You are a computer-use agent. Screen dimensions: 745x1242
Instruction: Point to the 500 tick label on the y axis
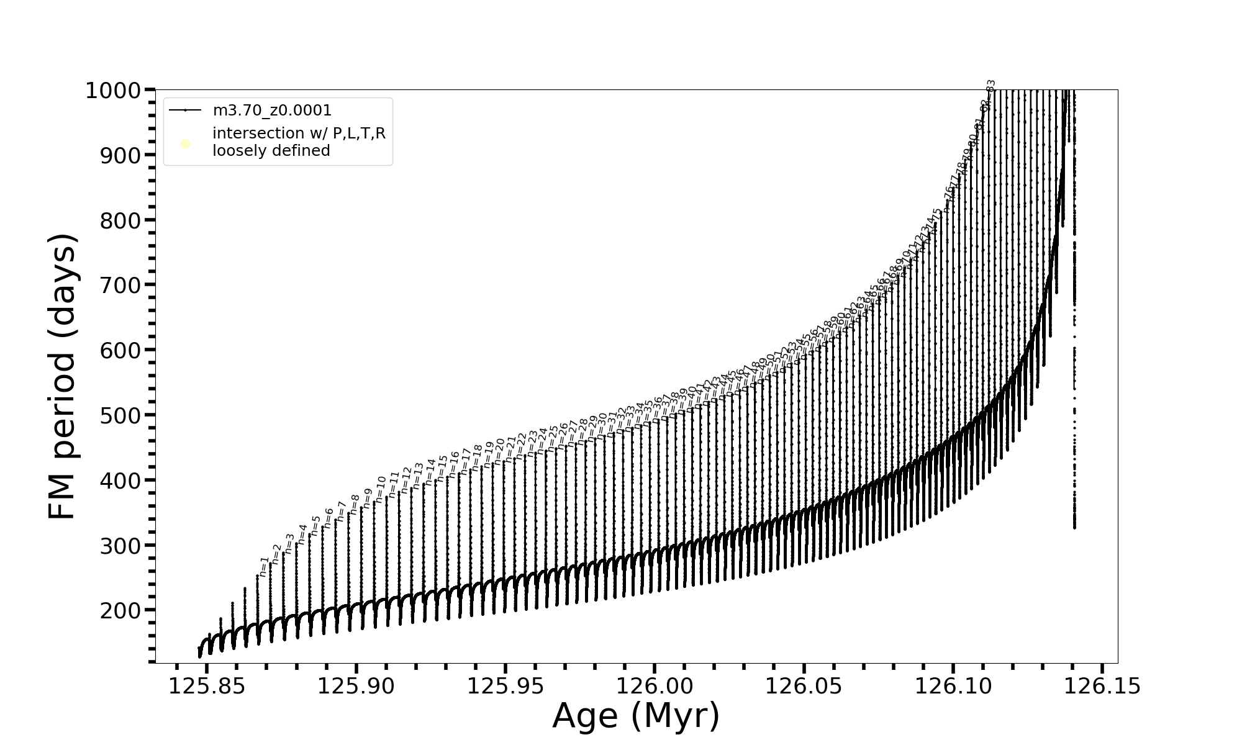pyautogui.click(x=120, y=415)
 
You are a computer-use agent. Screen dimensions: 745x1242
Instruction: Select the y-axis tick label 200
pyautogui.click(x=120, y=610)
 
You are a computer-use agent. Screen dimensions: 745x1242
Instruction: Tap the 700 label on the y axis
pyautogui.click(x=120, y=285)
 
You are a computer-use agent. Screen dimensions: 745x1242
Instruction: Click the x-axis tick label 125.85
pyautogui.click(x=207, y=686)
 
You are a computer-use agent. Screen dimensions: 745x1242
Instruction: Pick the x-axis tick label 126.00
pyautogui.click(x=655, y=686)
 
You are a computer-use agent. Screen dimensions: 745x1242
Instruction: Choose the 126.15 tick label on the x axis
pyautogui.click(x=1102, y=686)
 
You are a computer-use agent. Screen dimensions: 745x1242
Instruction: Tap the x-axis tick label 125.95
pyautogui.click(x=505, y=686)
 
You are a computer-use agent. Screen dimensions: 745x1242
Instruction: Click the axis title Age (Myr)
pyautogui.click(x=636, y=716)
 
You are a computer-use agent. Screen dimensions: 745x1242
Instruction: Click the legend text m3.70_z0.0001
pyautogui.click(x=272, y=111)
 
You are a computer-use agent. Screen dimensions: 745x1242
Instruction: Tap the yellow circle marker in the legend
pyautogui.click(x=185, y=144)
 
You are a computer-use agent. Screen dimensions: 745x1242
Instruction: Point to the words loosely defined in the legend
pyautogui.click(x=271, y=151)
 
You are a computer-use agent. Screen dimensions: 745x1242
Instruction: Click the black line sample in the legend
pyautogui.click(x=185, y=111)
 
